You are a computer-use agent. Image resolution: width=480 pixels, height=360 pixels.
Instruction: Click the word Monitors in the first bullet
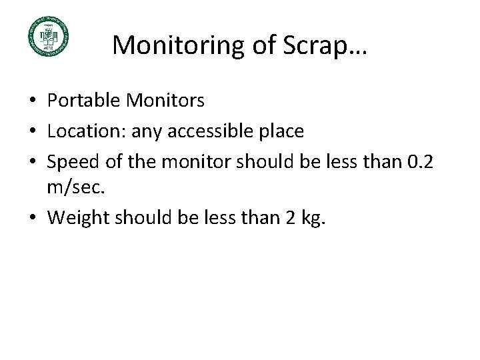[x=166, y=101]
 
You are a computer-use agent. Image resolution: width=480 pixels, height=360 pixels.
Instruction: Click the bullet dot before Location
[x=33, y=132]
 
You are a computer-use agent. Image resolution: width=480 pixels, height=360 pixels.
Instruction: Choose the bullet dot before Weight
[x=33, y=217]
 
